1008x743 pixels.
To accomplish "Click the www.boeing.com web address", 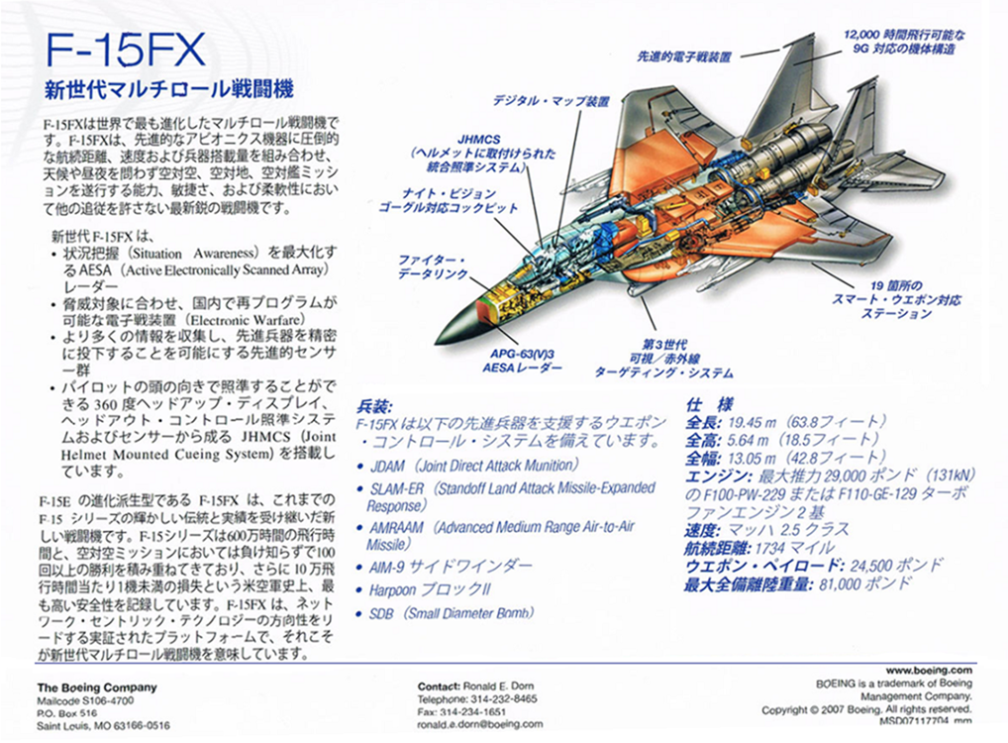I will coord(932,671).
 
